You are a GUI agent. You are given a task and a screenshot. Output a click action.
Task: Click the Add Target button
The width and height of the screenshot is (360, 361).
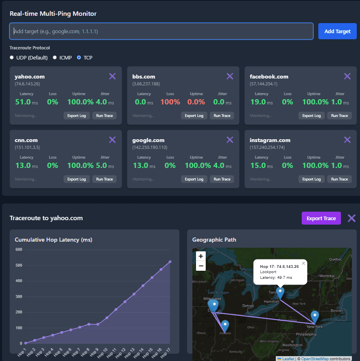click(x=337, y=31)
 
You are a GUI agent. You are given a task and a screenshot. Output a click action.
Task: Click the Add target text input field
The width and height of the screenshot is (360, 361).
click(x=161, y=31)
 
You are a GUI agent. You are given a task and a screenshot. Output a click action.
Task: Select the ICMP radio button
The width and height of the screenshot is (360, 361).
click(x=55, y=57)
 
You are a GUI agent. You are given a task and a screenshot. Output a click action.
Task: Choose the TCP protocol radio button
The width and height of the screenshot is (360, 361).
click(x=79, y=57)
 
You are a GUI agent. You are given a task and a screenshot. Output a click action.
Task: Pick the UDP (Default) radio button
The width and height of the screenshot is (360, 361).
click(x=12, y=57)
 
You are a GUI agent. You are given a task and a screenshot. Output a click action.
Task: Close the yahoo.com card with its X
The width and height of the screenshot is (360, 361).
click(x=112, y=76)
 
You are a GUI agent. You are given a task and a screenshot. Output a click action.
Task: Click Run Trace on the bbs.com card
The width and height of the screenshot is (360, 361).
click(x=222, y=116)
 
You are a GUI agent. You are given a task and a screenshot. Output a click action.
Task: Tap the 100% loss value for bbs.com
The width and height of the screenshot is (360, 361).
click(x=170, y=102)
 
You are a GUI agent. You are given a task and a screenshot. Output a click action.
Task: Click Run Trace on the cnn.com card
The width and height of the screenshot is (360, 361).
click(x=104, y=179)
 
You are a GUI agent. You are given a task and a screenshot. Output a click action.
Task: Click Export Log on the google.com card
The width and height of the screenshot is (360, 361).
click(x=194, y=179)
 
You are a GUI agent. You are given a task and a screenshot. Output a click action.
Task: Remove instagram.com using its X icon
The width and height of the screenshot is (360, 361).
click(x=347, y=140)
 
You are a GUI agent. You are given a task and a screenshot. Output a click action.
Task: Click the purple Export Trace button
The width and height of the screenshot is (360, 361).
click(x=321, y=218)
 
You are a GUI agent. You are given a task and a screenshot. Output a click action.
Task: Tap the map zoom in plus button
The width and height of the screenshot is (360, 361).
click(x=201, y=256)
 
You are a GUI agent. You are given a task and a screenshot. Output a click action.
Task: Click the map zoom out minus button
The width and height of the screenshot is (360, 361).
click(x=201, y=266)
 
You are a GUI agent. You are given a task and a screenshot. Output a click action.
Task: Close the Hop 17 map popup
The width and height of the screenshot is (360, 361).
click(x=303, y=263)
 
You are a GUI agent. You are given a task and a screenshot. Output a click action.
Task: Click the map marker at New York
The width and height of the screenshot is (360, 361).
click(x=315, y=317)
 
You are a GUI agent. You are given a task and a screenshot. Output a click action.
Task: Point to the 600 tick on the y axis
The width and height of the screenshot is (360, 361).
click(x=19, y=249)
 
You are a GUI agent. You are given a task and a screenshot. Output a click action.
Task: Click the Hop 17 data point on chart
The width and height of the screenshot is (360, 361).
click(x=170, y=261)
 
